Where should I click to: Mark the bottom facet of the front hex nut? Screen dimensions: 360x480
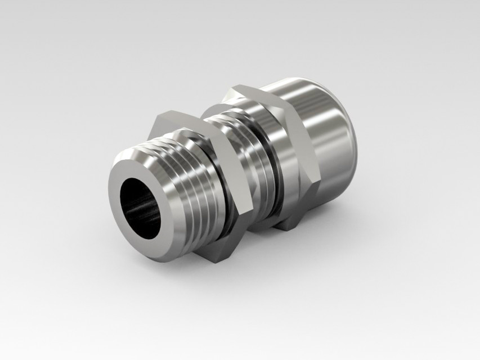[x=222, y=256]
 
